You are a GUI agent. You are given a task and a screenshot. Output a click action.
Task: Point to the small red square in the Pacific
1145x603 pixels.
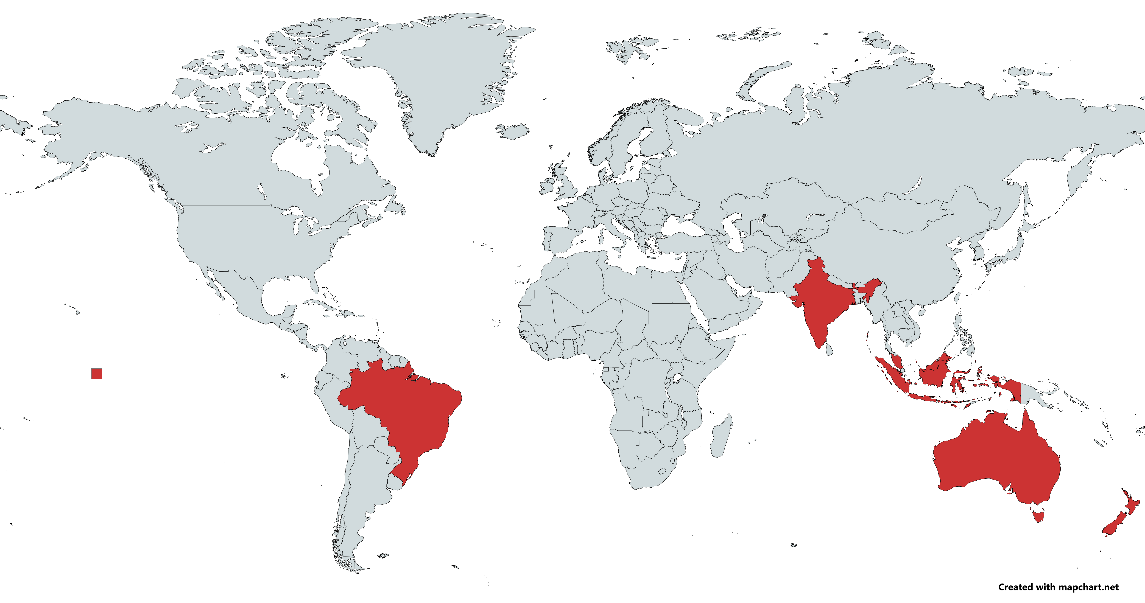tap(96, 374)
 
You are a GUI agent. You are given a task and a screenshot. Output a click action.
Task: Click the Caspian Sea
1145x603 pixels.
tap(733, 231)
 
